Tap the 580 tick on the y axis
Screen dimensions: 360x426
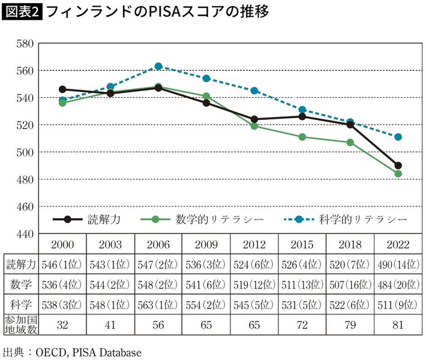25,43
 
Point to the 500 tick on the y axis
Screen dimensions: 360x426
25,152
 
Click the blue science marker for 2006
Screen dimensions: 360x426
158,67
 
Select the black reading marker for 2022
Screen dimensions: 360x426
398,166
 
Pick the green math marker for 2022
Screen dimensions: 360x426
398,174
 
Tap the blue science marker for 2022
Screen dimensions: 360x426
398,137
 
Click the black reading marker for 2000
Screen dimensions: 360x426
62,89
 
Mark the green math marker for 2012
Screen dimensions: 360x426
254,126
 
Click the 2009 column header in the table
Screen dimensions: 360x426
206,245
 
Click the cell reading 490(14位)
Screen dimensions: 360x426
398,264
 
